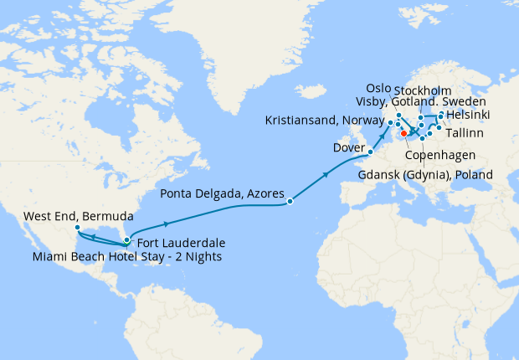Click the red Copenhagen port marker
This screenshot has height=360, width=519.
point(403,132)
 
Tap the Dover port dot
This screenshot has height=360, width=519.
point(370,152)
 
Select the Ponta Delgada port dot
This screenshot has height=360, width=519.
point(290,201)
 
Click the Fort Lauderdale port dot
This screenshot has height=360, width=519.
point(126,240)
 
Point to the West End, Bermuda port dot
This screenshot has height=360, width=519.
point(77,228)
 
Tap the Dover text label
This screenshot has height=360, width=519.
point(349,147)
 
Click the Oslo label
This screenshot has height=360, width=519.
point(382,89)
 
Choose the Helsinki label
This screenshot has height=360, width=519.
point(469,114)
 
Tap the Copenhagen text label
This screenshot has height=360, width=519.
point(440,156)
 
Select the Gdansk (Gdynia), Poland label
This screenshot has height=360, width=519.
point(424,174)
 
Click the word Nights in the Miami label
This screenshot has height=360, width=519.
point(202,256)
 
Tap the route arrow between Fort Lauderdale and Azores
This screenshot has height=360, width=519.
point(168,224)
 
